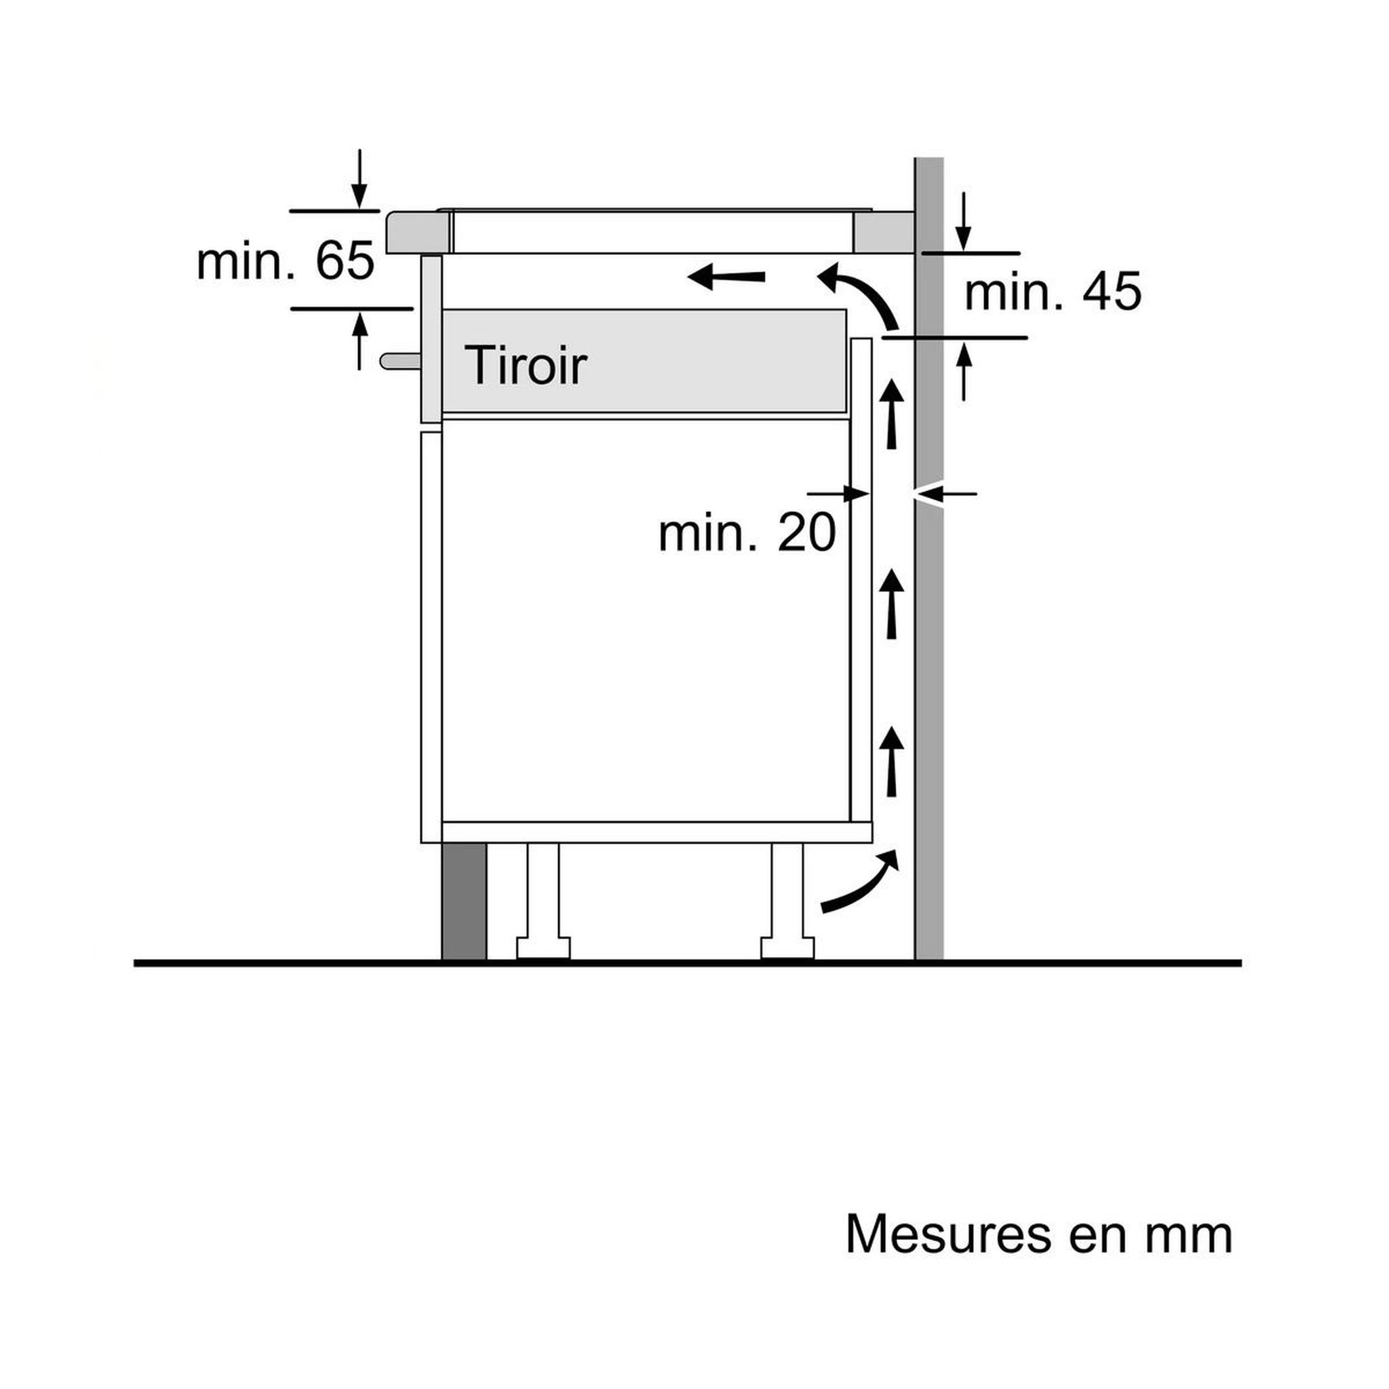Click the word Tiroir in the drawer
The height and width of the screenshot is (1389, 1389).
point(526,366)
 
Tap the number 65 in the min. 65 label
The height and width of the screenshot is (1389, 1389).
point(345,260)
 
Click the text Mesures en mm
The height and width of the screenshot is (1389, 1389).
point(1039,1234)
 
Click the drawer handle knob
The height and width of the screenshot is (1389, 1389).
point(400,361)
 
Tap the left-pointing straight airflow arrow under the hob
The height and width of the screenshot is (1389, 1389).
point(726,276)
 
